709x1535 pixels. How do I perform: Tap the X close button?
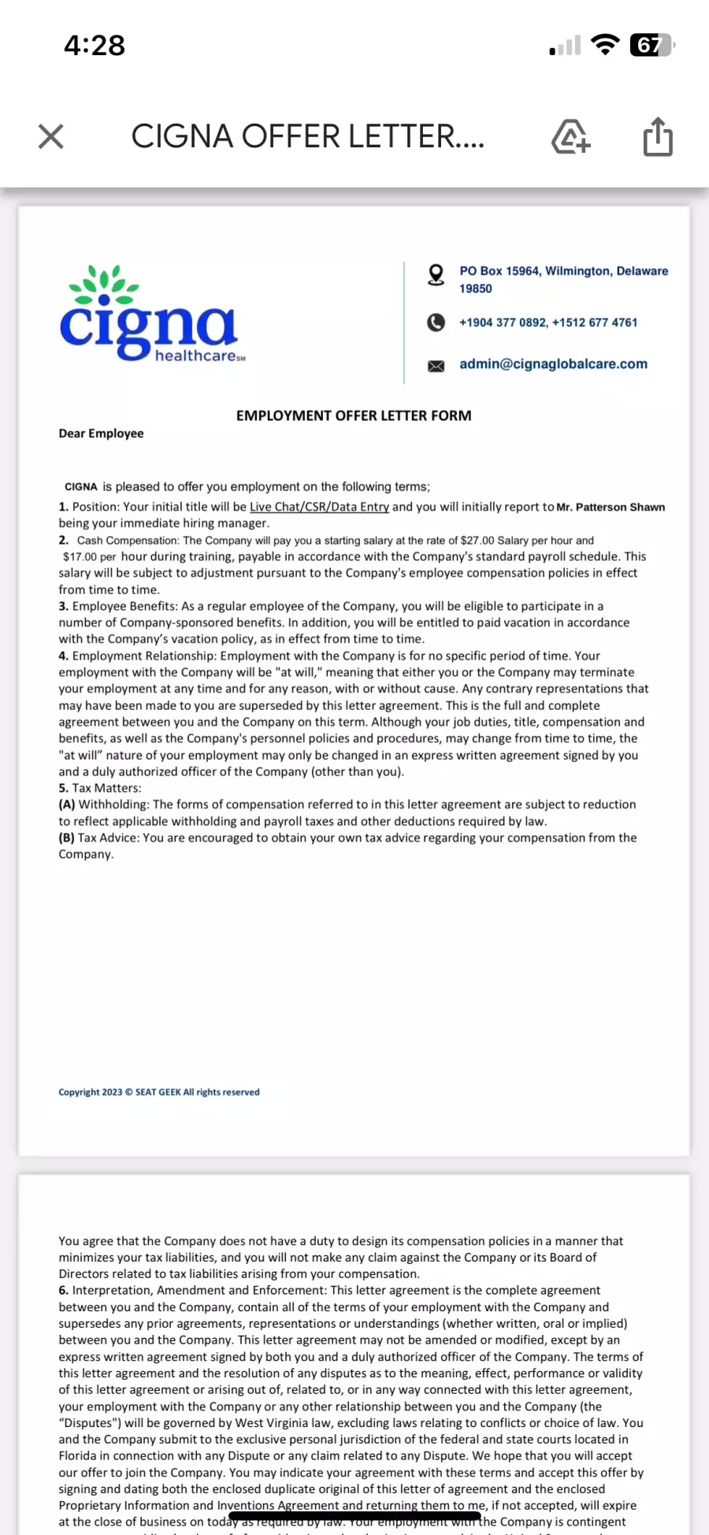51,136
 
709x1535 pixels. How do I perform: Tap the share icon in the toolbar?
658,137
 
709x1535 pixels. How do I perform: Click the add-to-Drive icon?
570,137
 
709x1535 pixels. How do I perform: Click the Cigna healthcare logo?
150,315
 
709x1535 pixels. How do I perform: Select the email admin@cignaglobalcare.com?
553,364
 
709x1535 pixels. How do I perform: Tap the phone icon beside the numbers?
436,322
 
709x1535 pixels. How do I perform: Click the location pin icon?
436,274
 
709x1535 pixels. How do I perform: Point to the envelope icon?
436,366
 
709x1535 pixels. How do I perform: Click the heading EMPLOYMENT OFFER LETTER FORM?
354,415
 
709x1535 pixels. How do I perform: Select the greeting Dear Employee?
101,433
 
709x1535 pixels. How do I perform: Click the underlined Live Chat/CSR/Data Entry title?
319,507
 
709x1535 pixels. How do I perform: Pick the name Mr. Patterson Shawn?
611,507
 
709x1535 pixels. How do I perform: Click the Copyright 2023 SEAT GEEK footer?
158,1092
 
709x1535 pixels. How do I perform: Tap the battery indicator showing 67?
651,46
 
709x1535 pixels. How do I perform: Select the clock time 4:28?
95,46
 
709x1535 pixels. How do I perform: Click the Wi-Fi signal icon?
605,45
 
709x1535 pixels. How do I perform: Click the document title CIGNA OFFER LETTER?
307,136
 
